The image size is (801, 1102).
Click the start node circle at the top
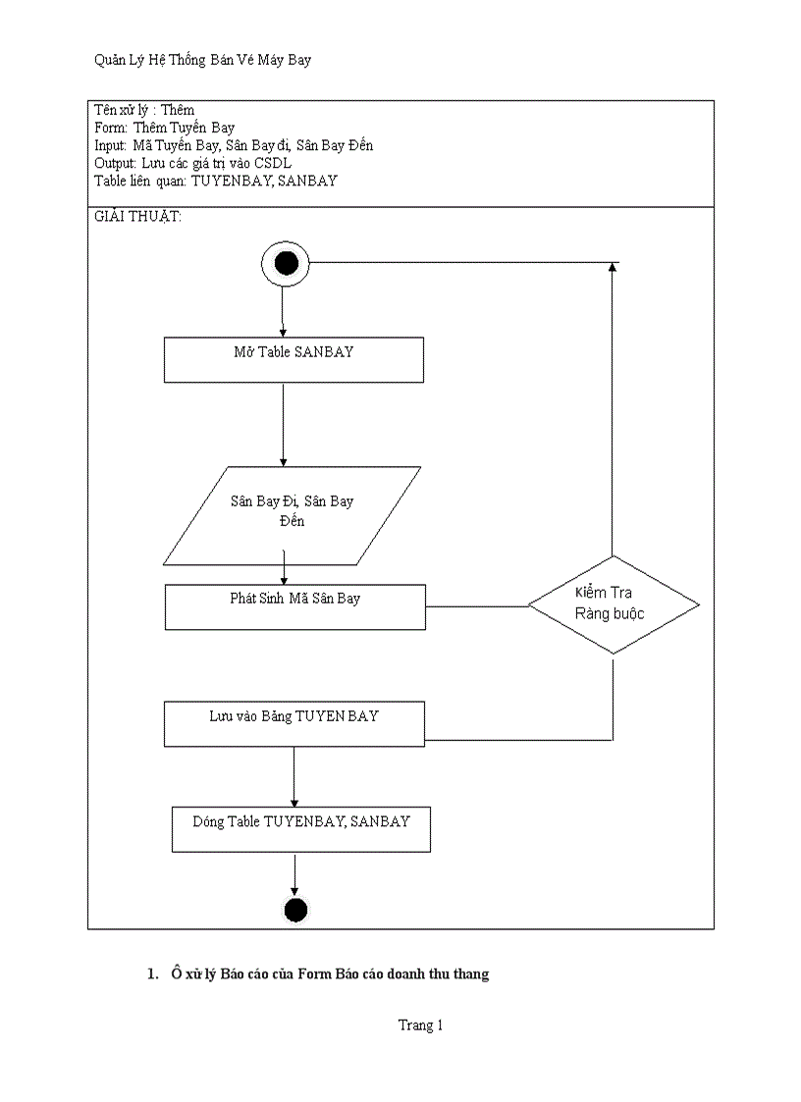click(x=286, y=264)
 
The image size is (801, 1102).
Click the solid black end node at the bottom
click(x=295, y=910)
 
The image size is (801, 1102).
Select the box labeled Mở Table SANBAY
click(x=294, y=360)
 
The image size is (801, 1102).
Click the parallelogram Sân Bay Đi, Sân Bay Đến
click(x=292, y=515)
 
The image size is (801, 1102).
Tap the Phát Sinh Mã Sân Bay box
click(x=294, y=606)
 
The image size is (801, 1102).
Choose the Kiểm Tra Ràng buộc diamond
click(x=614, y=604)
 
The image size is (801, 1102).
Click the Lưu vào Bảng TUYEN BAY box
click(x=294, y=723)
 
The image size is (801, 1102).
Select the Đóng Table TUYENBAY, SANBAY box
click(x=301, y=829)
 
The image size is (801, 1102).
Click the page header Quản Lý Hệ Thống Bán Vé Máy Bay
click(x=202, y=61)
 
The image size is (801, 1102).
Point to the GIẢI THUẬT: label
click(x=138, y=217)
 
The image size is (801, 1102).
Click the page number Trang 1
click(x=420, y=1025)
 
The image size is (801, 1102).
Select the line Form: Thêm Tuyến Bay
click(x=165, y=128)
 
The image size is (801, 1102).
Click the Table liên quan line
click(x=216, y=181)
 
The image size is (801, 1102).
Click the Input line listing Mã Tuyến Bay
click(x=234, y=145)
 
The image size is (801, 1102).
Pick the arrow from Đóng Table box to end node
click(x=294, y=873)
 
